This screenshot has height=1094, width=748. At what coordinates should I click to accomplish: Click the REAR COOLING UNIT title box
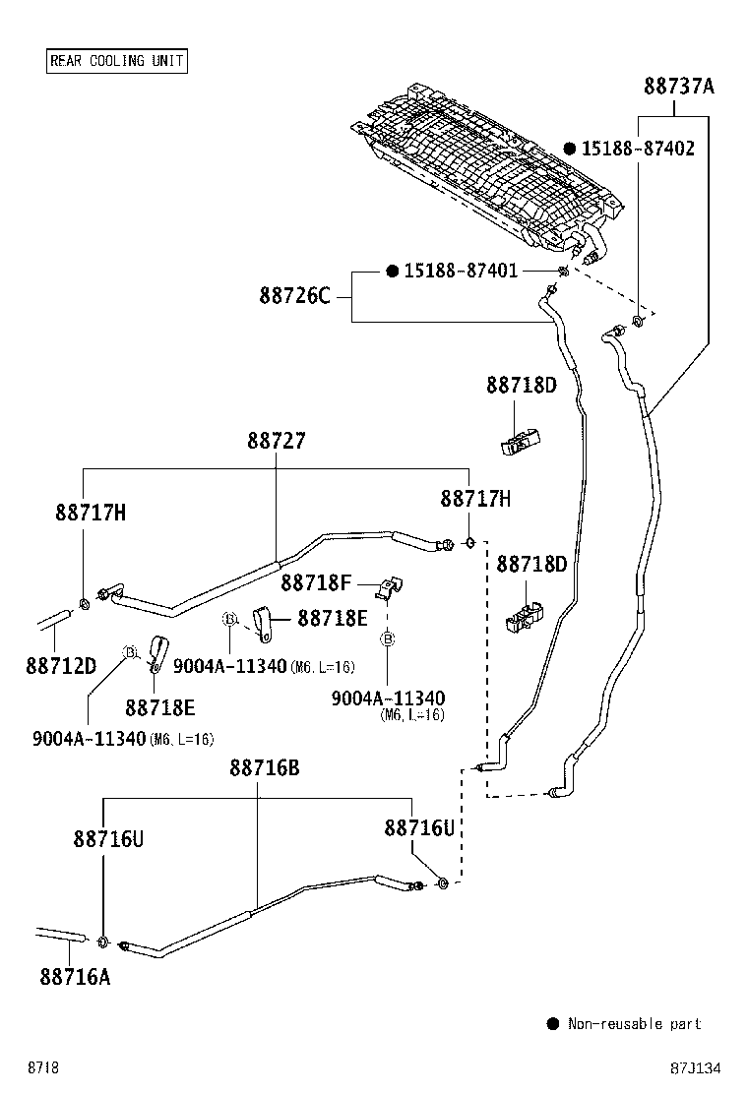click(x=116, y=61)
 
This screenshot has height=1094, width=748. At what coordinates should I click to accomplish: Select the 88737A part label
click(x=679, y=87)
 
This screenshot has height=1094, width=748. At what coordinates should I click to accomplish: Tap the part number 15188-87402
click(x=638, y=149)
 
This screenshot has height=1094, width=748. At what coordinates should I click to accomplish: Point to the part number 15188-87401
click(x=460, y=271)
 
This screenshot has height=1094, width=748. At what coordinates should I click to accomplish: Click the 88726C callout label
click(x=295, y=294)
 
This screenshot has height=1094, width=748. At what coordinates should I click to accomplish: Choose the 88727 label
click(x=276, y=442)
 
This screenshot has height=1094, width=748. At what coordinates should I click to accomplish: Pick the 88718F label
click(x=316, y=583)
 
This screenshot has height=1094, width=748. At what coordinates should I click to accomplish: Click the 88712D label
click(x=61, y=666)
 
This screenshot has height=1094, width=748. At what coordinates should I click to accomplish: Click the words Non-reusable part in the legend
click(x=634, y=1024)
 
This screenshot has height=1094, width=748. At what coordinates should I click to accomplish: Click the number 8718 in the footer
click(x=43, y=1068)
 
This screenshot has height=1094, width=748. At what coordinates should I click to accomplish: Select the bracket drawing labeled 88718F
click(x=391, y=588)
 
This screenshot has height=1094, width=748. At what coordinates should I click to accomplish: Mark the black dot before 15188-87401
click(x=392, y=271)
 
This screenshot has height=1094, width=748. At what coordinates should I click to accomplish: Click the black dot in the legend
click(x=552, y=1024)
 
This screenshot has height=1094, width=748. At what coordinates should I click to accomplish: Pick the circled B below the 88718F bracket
click(x=388, y=639)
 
